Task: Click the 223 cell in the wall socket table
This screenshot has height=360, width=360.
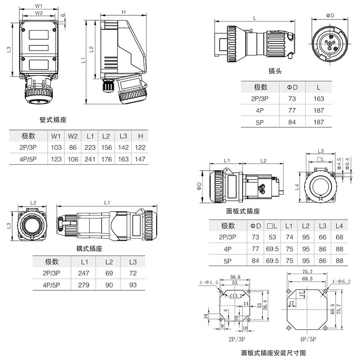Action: (x=90, y=148)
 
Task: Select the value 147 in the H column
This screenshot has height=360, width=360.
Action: (x=140, y=159)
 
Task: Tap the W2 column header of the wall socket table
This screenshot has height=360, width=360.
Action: (x=73, y=136)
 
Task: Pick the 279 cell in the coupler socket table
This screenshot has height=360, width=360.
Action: (x=84, y=285)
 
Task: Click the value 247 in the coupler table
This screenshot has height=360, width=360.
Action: (x=84, y=273)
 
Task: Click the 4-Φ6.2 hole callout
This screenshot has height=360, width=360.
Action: (x=342, y=281)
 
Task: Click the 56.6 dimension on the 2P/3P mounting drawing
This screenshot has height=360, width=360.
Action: (x=235, y=277)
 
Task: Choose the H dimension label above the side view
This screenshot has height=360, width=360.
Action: (x=123, y=12)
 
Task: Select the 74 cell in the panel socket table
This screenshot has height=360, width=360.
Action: (x=289, y=237)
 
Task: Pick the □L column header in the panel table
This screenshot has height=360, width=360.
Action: (x=272, y=225)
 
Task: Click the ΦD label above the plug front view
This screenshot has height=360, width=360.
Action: (x=330, y=15)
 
